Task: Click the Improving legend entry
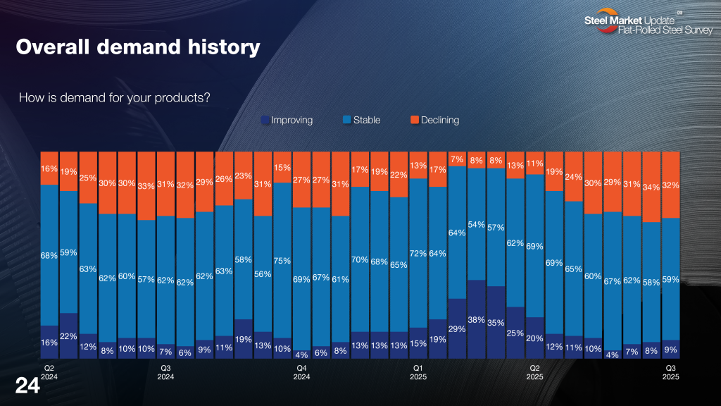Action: coord(287,121)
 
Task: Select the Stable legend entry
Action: coord(361,121)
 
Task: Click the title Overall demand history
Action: coord(138,48)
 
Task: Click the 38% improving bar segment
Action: coord(476,319)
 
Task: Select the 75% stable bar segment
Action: coord(282,260)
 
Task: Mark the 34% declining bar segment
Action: coord(651,187)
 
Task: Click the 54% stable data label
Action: coord(476,225)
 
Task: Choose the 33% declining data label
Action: coord(146,186)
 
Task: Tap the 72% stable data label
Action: coord(418,253)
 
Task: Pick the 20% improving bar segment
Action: coord(534,338)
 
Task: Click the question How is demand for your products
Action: coord(115,97)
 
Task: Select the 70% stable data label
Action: coord(360,259)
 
